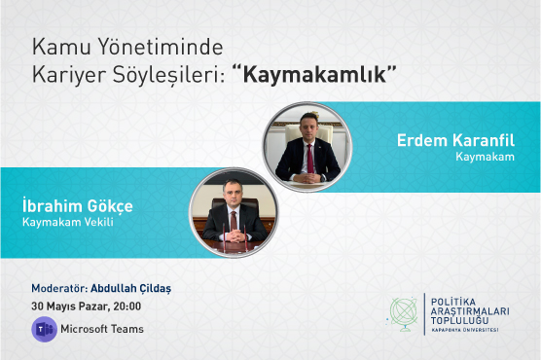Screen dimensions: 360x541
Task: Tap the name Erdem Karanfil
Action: [x=454, y=140]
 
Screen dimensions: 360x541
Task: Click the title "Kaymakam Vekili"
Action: [x=62, y=223]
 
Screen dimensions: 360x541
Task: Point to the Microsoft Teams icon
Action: [x=43, y=328]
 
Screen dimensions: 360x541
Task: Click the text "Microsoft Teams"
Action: [x=102, y=329]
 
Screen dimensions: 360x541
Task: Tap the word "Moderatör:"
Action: [x=59, y=289]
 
